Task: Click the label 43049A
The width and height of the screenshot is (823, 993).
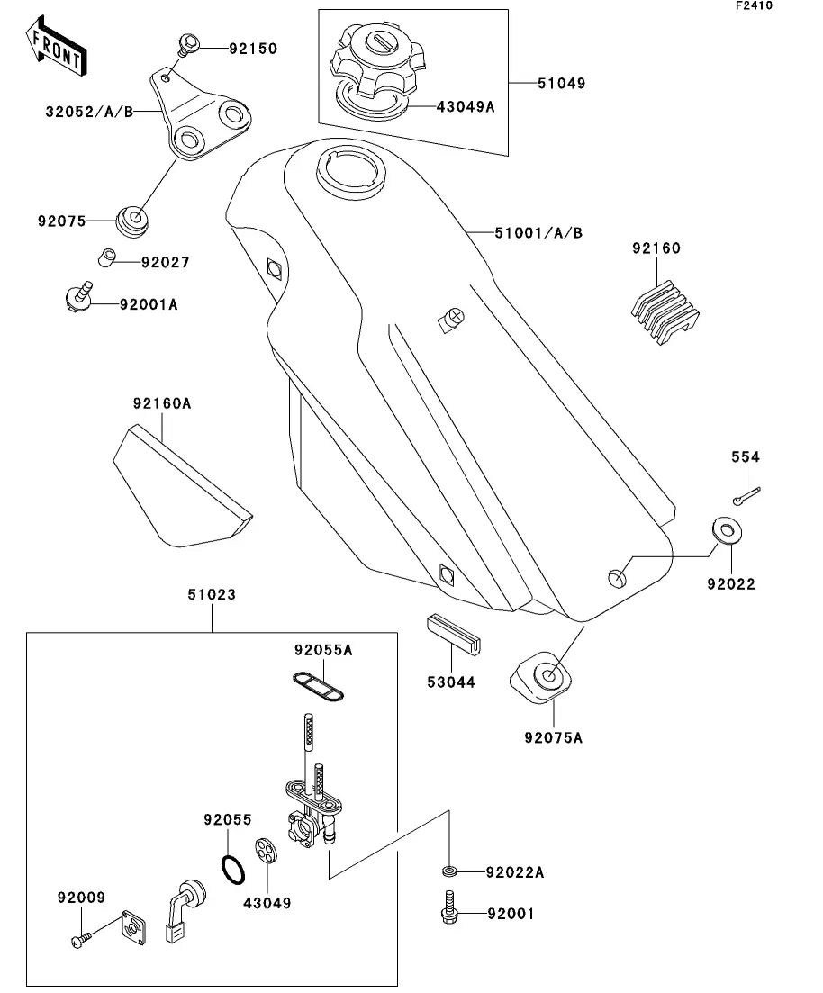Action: [465, 106]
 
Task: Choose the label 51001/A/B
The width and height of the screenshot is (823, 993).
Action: [538, 233]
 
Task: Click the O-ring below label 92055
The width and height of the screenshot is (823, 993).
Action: [233, 870]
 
